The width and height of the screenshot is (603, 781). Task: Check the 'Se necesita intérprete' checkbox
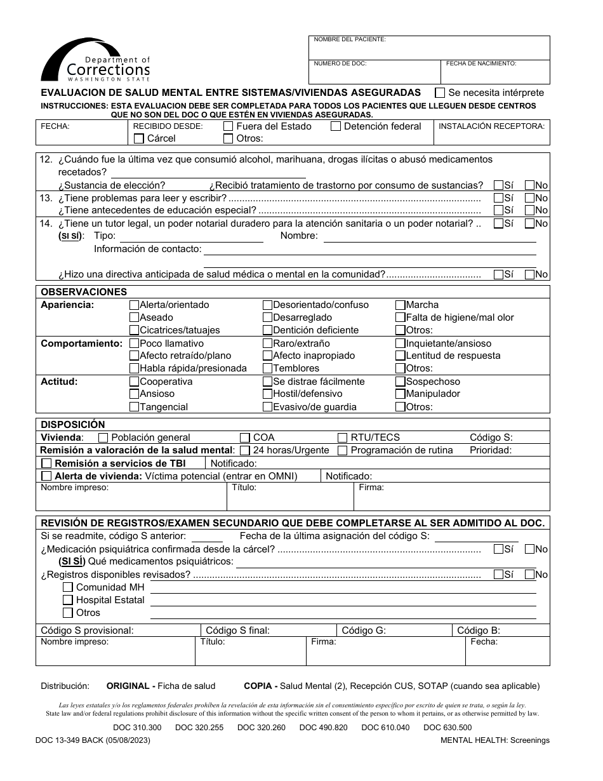click(439, 92)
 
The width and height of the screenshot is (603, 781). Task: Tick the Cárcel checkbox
click(138, 138)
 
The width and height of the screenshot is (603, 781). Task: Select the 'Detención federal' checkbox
click(336, 126)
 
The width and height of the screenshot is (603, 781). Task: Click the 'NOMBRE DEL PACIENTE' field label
click(350, 39)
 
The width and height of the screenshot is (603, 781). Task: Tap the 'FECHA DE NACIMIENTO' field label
click(480, 63)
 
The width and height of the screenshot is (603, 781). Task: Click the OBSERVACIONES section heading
click(84, 292)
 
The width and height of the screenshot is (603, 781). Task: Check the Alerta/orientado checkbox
click(134, 305)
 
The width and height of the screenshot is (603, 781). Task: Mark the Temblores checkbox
click(268, 368)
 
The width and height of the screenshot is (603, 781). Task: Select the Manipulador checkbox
click(401, 394)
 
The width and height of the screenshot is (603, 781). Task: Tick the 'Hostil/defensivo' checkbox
click(268, 394)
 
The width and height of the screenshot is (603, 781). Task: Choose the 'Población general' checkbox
click(103, 437)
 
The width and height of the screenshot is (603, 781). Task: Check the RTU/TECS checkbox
click(343, 437)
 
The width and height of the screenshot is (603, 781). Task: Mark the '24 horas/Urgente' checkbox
click(245, 450)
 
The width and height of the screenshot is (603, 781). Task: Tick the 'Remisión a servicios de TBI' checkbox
click(46, 464)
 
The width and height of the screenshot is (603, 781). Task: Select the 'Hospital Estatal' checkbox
click(68, 600)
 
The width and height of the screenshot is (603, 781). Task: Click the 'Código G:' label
click(364, 631)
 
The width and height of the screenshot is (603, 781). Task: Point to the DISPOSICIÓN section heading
click(73, 425)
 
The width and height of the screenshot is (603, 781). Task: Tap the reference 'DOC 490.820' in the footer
click(323, 728)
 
